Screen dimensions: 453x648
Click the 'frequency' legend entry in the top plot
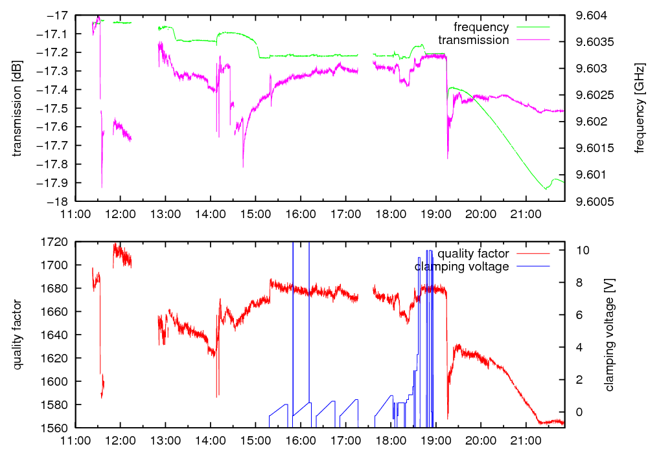481,27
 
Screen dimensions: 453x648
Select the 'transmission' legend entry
474,40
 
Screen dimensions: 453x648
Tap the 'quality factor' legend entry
472,254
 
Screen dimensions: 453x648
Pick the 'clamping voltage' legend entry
461,267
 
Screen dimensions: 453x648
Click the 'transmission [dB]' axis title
17,108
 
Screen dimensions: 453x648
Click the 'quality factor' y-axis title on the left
17,335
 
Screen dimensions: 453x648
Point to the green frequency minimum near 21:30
546,188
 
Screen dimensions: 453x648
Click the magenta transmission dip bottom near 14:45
243,167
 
